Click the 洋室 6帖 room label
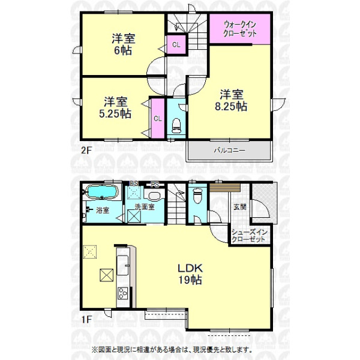[123, 44]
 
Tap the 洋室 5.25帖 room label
[115, 107]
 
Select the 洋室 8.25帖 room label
[231, 101]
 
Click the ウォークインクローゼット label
[239, 29]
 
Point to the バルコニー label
[230, 151]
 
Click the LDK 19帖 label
[190, 274]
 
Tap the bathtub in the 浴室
[102, 191]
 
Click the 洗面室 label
[145, 206]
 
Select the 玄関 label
[240, 207]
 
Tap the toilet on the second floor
[176, 125]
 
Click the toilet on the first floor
[197, 196]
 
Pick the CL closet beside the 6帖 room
[176, 45]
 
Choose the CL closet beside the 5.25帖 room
[158, 119]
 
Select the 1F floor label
[86, 319]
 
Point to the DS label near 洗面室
[134, 183]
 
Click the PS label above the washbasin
[155, 184]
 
